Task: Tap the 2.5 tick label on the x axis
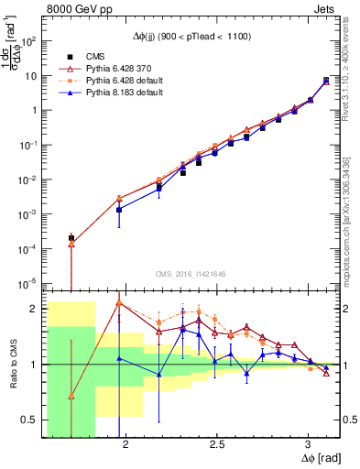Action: (x=216, y=443)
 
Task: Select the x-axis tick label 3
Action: (x=309, y=443)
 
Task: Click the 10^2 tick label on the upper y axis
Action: (x=32, y=41)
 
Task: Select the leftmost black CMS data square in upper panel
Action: (x=71, y=238)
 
